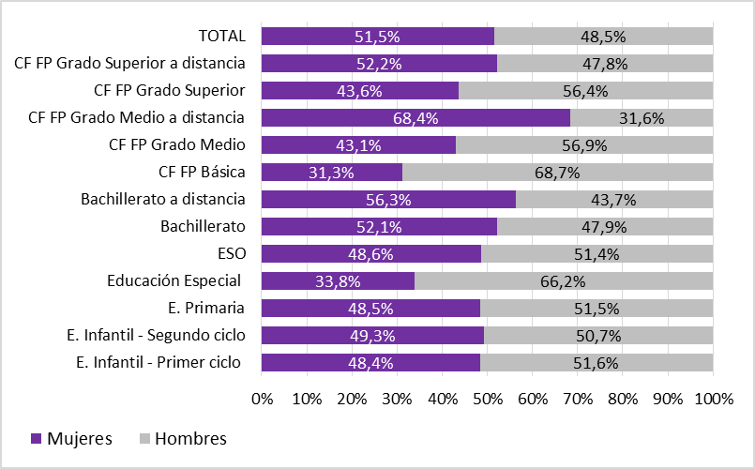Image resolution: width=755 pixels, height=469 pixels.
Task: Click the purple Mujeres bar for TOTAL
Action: pos(377,37)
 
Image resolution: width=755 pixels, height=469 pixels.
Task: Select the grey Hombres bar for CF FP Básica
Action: pos(558,173)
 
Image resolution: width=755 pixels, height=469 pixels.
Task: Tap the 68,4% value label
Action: pos(415,118)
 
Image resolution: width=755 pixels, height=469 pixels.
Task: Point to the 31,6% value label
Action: pos(642,118)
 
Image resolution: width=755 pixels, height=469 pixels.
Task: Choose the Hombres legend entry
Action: pos(183,438)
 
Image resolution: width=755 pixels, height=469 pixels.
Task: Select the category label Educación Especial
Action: pos(174,280)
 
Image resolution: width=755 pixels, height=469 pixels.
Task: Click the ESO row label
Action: pos(231,253)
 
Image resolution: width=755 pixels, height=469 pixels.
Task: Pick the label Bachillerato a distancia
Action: pos(163,199)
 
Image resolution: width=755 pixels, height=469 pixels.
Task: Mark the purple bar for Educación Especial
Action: pos(338,280)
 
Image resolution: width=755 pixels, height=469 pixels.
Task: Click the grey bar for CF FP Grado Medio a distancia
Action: pos(642,118)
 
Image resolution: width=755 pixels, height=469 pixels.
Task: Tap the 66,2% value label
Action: pos(564,280)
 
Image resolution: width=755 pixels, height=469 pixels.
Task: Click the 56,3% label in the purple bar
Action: pos(388,200)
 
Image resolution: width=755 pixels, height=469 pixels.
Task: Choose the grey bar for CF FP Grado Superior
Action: pos(586,91)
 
